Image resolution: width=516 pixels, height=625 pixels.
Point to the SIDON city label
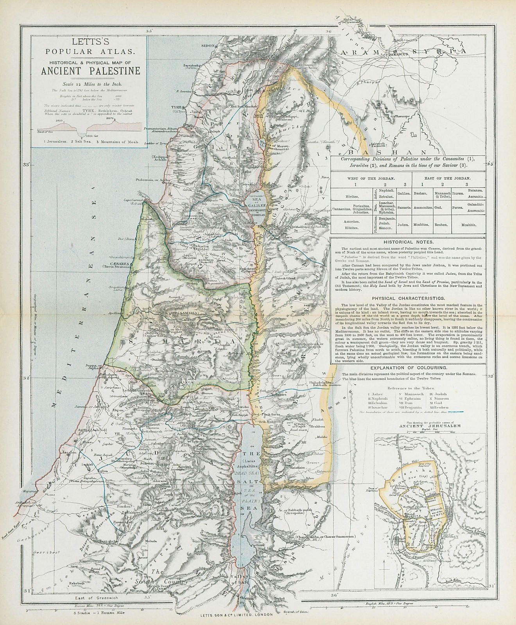[209, 45]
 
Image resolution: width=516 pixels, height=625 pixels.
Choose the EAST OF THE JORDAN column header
[446, 178]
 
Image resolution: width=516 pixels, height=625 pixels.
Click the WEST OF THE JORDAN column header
[369, 178]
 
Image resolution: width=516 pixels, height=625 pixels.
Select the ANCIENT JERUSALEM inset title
[429, 426]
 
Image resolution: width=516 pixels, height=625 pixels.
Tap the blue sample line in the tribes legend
[457, 411]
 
